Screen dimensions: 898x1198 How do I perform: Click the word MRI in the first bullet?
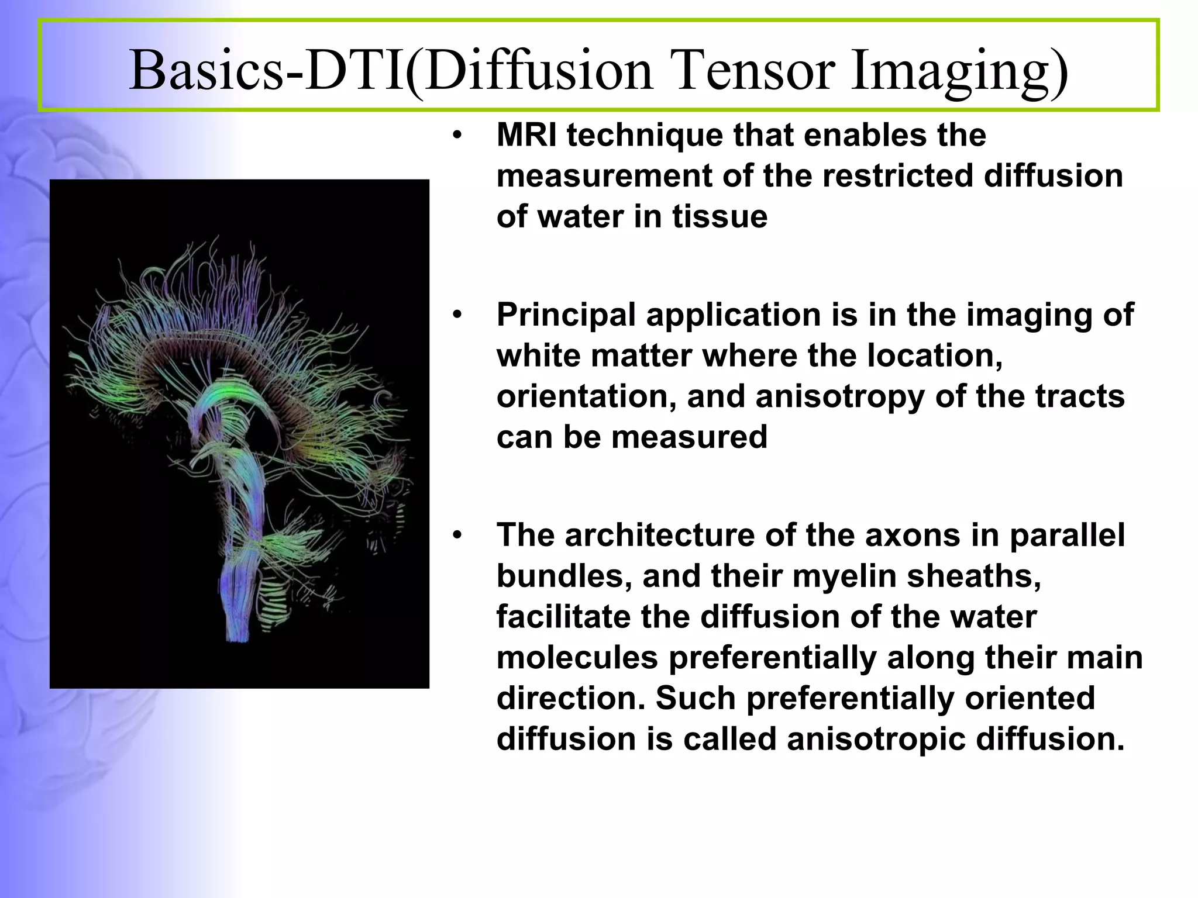click(x=526, y=135)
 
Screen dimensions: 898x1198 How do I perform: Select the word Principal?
click(x=566, y=315)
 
